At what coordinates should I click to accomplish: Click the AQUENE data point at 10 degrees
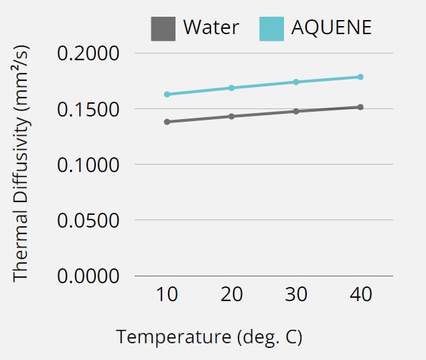click(x=167, y=94)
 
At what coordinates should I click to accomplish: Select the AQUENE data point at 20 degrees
click(x=232, y=88)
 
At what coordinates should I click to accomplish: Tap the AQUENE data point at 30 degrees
click(x=296, y=82)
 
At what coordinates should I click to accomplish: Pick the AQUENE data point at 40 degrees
click(x=360, y=77)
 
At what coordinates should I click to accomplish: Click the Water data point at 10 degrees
click(x=167, y=122)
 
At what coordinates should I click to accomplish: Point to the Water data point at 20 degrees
click(x=232, y=116)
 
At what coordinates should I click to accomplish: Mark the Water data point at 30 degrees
click(x=296, y=111)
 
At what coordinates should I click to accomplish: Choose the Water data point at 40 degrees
click(x=360, y=107)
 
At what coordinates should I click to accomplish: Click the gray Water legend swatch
click(x=163, y=27)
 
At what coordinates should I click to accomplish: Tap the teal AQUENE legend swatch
click(x=271, y=27)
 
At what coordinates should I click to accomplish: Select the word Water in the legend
click(x=211, y=27)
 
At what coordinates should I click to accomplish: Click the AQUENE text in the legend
click(x=331, y=27)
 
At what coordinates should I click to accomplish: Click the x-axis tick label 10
click(x=167, y=295)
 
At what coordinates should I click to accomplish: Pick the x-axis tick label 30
click(x=296, y=295)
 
